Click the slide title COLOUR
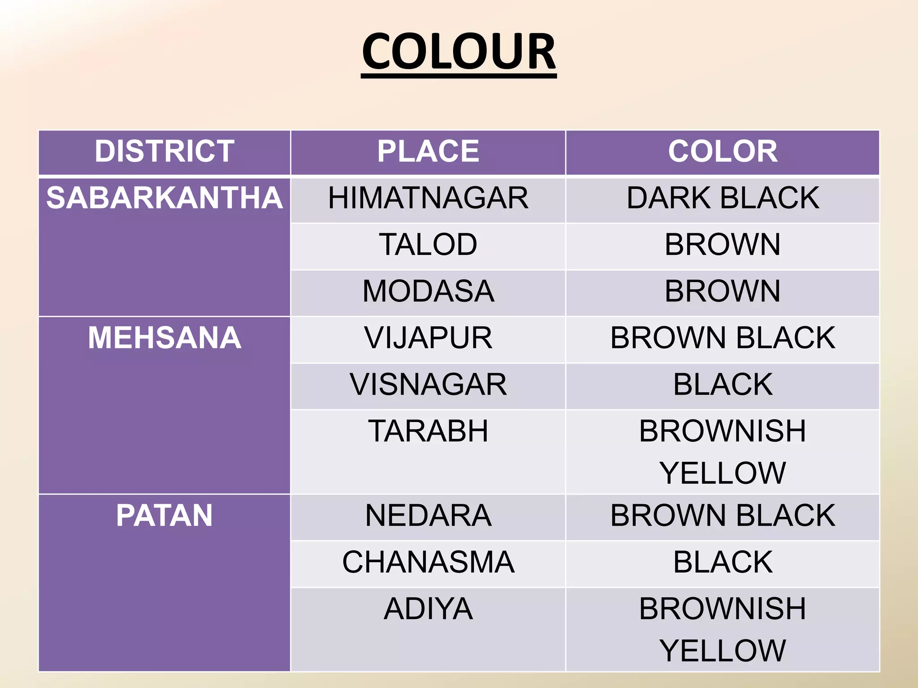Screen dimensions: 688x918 tap(459, 52)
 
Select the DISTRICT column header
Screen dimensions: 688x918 tap(165, 151)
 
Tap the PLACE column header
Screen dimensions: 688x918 tap(428, 151)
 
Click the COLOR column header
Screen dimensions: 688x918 tap(723, 151)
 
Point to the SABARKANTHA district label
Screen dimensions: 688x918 tap(165, 198)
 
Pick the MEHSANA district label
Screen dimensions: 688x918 tap(165, 338)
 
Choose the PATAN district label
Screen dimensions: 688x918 tap(165, 516)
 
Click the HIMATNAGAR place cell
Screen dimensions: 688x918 tap(428, 198)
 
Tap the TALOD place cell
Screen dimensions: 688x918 tap(428, 245)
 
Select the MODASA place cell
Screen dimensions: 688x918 tap(428, 291)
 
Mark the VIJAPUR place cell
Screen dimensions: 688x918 tap(428, 338)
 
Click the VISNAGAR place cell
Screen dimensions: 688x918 tap(428, 384)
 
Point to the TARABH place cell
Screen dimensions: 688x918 tap(428, 431)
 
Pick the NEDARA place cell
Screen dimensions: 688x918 tap(428, 516)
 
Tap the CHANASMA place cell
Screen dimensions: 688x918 tap(428, 562)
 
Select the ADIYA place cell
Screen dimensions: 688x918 tap(428, 609)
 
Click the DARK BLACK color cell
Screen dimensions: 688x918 tap(723, 198)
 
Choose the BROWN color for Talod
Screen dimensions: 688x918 tap(723, 245)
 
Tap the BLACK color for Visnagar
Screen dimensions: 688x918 tap(723, 384)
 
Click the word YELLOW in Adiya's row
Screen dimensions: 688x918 tap(723, 650)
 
